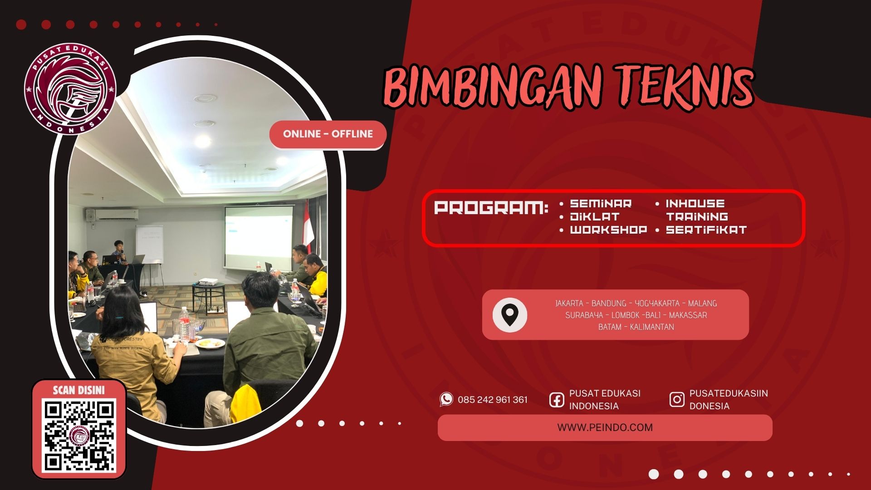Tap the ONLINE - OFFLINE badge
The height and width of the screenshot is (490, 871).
328,134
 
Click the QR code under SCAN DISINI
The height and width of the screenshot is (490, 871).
79,436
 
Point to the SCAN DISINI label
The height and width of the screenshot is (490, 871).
79,390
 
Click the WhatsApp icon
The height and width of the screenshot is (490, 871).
446,399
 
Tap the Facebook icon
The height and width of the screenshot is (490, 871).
557,400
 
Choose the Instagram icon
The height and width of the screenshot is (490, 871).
677,400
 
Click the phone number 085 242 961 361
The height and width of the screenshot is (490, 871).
493,400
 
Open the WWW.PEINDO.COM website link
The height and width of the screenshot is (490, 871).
605,427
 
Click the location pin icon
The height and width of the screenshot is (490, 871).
510,315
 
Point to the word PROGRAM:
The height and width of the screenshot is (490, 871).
491,208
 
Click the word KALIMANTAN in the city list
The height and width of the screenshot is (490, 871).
652,327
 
